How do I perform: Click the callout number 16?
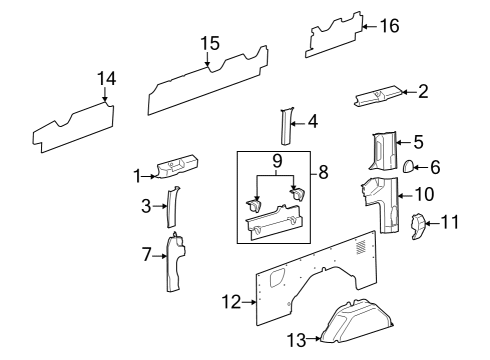click(387, 26)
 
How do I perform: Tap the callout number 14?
click(106, 79)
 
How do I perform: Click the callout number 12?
click(232, 300)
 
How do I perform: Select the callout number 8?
click(324, 172)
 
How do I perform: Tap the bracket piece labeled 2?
click(378, 97)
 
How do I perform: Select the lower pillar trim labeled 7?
click(176, 262)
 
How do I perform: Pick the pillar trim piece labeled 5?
click(382, 152)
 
